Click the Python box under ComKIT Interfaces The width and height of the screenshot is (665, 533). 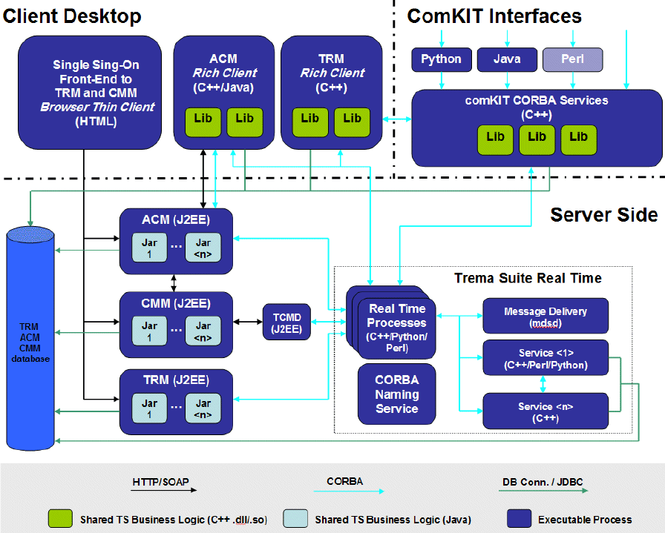441,59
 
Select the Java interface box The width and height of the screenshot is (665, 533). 507,59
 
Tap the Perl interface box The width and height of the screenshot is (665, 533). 572,59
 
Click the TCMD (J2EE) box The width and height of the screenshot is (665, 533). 286,321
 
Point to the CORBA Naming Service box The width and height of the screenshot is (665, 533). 396,394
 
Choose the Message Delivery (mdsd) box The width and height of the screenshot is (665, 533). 546,316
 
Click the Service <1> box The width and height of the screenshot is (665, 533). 546,358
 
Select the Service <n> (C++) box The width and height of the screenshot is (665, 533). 546,412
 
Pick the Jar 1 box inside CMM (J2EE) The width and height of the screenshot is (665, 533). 150,331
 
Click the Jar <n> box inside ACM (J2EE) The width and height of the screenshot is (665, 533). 203,248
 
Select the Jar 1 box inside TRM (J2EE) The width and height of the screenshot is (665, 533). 150,409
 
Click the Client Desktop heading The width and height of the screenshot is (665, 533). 72,15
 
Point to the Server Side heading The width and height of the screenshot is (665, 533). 603,215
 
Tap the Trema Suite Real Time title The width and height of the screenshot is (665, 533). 528,278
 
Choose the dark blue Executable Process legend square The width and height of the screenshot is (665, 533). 519,519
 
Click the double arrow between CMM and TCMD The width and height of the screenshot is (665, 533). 248,321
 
